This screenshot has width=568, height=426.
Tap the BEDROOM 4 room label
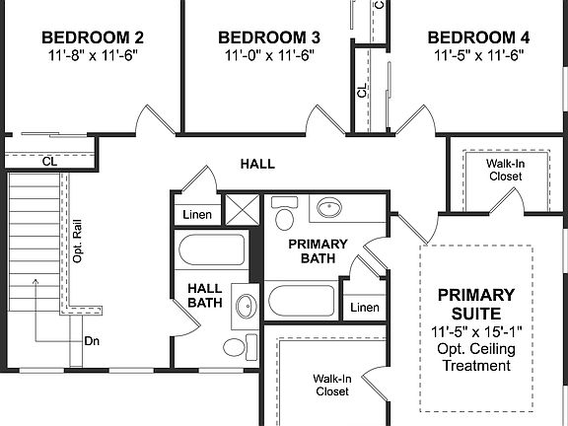click(x=478, y=38)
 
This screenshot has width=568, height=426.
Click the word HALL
click(x=257, y=164)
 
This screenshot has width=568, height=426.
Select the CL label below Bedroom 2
click(x=48, y=161)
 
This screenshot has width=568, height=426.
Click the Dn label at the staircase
click(x=92, y=341)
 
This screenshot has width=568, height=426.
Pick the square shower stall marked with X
click(x=240, y=210)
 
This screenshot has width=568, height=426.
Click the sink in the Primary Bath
click(x=327, y=209)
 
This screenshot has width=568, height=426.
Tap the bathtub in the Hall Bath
click(x=211, y=248)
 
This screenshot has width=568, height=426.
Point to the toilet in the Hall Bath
click(x=235, y=347)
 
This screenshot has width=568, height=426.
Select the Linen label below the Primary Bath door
click(x=364, y=309)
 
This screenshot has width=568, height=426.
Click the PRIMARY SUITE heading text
click(x=476, y=304)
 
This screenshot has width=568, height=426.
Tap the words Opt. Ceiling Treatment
click(x=476, y=357)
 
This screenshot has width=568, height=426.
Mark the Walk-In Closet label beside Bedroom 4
click(x=505, y=170)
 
